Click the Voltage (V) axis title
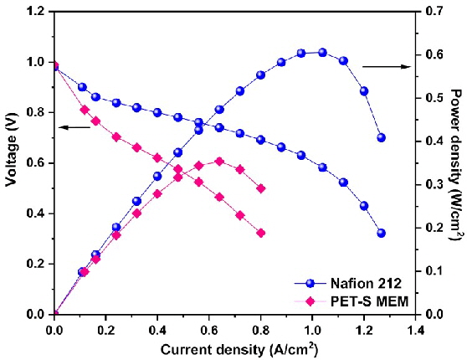11,163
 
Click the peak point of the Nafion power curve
322,52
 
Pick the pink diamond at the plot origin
55,314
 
